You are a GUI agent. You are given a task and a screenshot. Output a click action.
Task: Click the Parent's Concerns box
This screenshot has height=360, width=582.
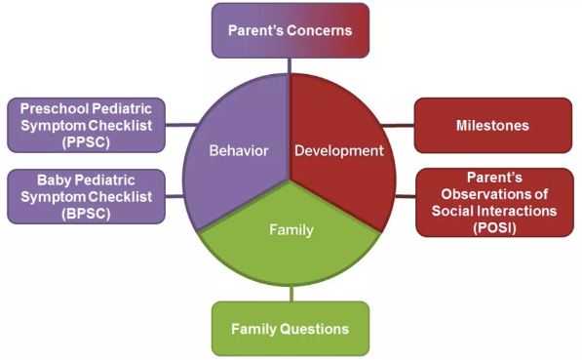click(290, 30)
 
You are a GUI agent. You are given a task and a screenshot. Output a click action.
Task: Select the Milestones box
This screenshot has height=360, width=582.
click(492, 126)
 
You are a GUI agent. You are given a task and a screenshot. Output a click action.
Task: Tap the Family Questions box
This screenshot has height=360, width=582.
click(291, 329)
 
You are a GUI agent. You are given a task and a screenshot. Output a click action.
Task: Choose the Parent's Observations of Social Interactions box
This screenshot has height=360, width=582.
click(492, 203)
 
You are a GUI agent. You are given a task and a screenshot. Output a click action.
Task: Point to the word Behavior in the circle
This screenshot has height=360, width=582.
click(239, 151)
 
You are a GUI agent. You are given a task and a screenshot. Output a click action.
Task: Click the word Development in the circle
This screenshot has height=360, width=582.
click(339, 151)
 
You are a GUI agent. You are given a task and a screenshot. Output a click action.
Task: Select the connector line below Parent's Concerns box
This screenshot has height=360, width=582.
click(290, 64)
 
